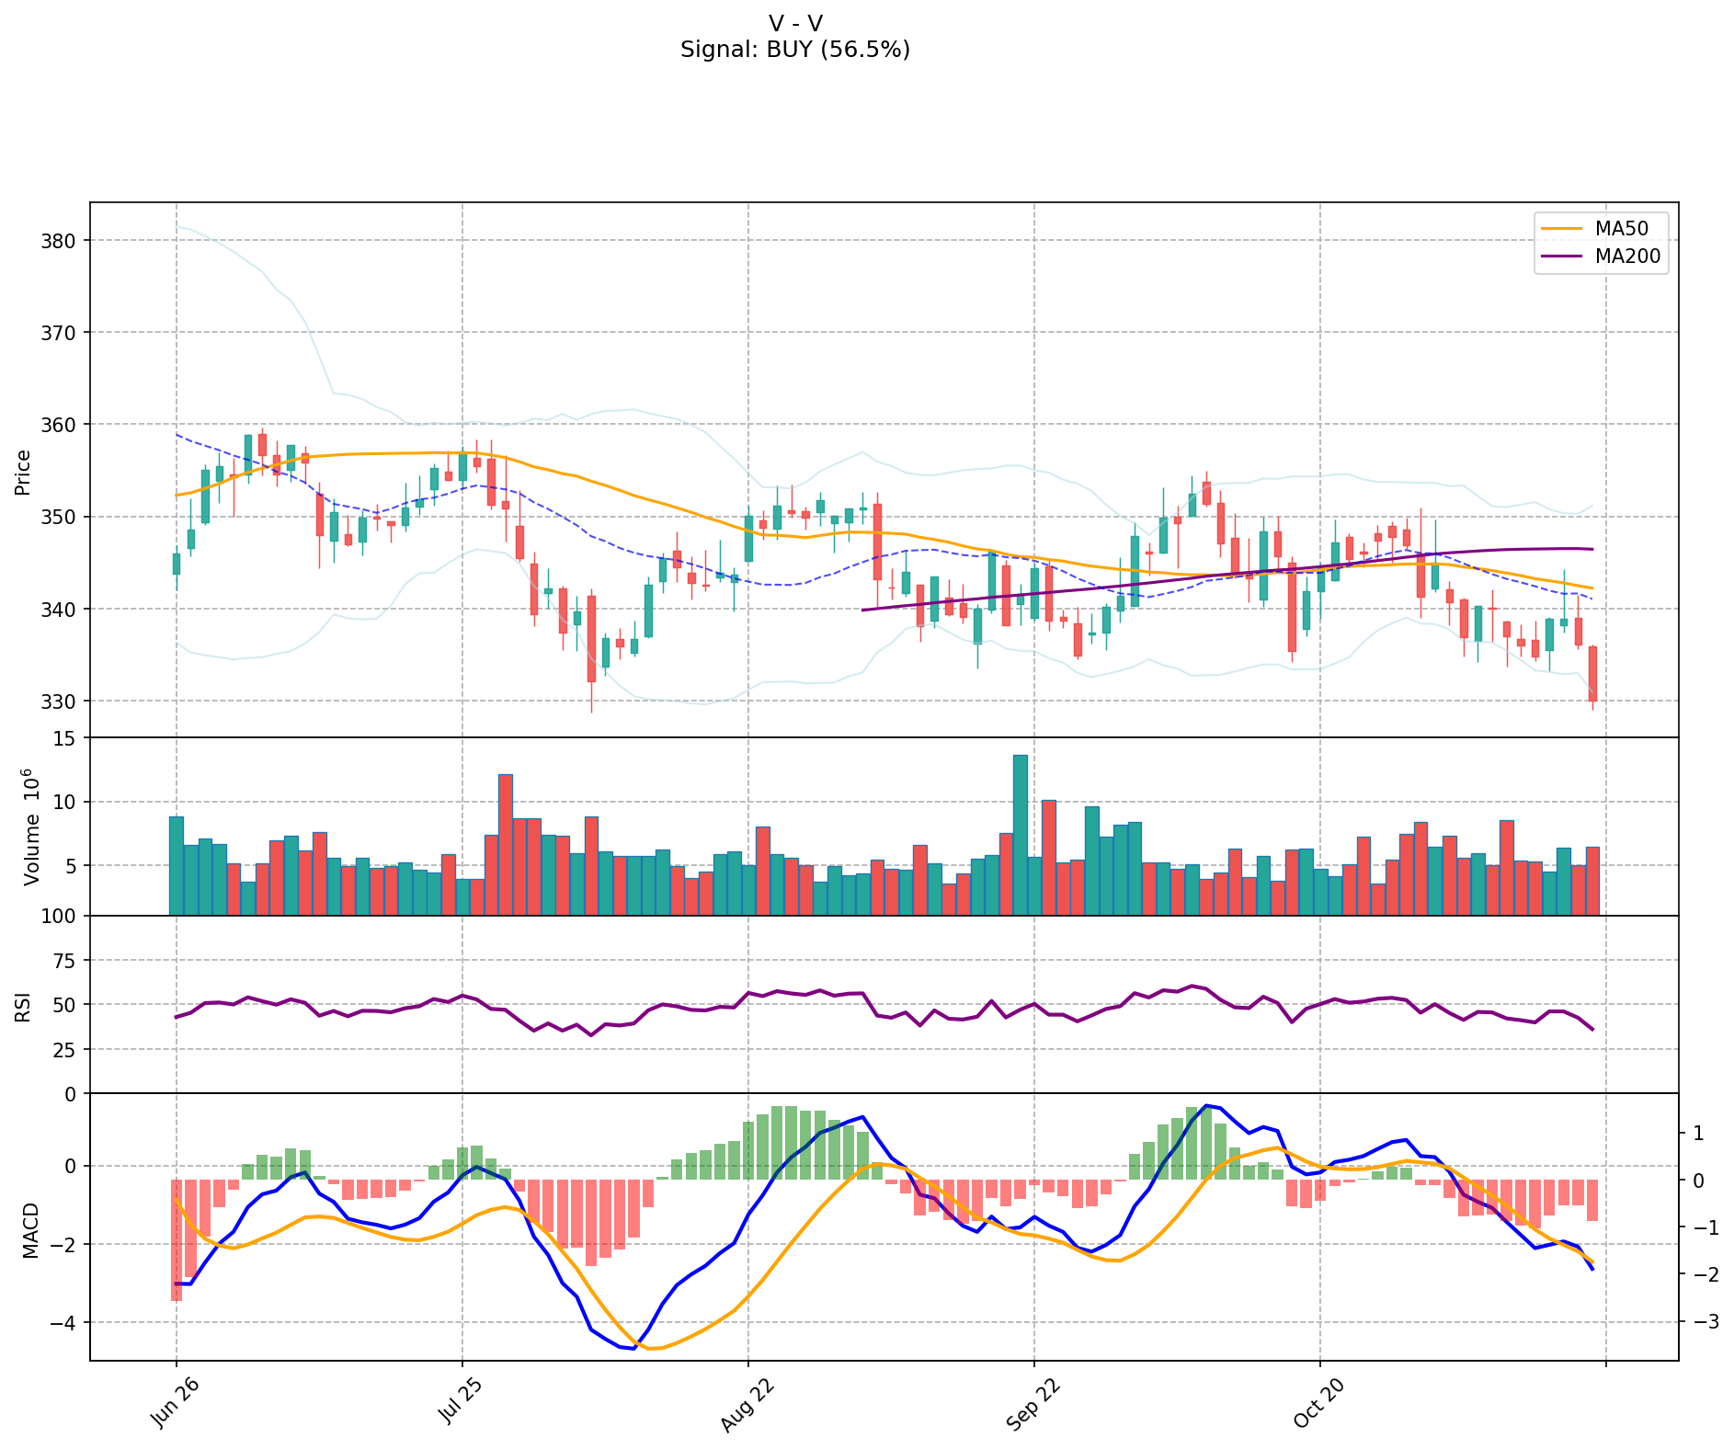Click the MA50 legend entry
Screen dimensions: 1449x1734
[x=1621, y=229]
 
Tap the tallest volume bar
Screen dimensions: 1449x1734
[x=1021, y=834]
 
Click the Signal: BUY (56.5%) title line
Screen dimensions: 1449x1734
[x=795, y=50]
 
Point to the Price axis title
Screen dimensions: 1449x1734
[x=23, y=472]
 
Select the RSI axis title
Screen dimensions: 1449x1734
[x=23, y=1006]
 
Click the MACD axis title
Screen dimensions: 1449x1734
[x=30, y=1230]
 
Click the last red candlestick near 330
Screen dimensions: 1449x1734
[x=1592, y=674]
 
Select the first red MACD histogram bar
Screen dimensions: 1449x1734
[x=176, y=1239]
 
